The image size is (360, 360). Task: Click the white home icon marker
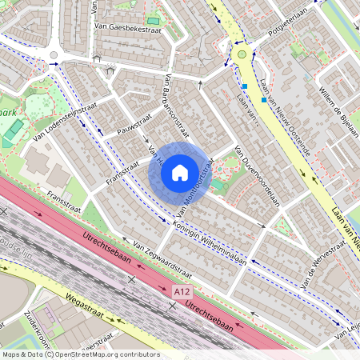coord(180,172)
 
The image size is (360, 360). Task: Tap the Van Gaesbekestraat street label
coord(122,27)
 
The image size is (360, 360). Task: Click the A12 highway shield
coord(183,294)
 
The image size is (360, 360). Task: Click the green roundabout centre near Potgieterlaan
coord(242,54)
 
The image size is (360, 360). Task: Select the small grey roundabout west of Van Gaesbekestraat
coord(54,55)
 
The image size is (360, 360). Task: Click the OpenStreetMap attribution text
coord(80,354)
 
